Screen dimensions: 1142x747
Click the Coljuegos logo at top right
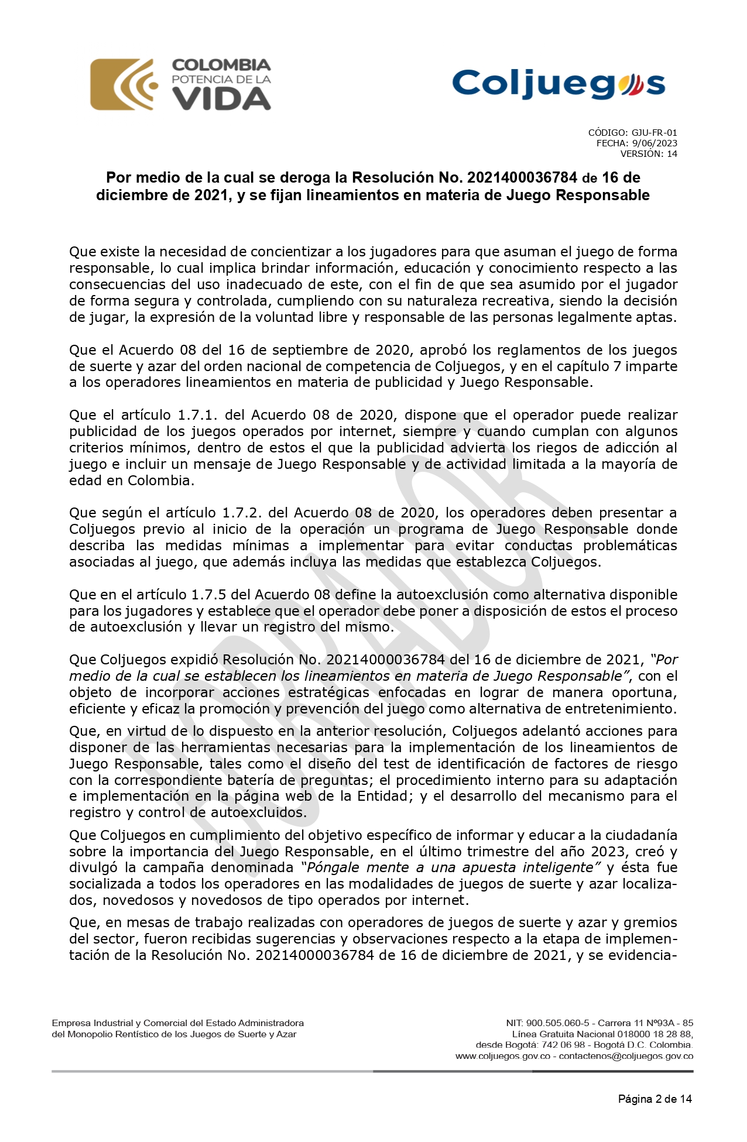pos(558,84)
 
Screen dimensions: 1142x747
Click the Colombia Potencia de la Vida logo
pos(180,84)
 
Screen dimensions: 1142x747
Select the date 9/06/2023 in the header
pos(655,143)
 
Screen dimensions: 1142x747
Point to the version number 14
pos(671,154)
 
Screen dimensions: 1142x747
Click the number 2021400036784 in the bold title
pos(519,177)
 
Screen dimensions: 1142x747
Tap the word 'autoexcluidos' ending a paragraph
pos(258,812)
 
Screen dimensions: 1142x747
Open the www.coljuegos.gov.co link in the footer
pos(502,1057)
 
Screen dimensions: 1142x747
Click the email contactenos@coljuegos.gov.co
pos(626,1057)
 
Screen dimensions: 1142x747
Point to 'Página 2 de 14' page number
pos(655,1099)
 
